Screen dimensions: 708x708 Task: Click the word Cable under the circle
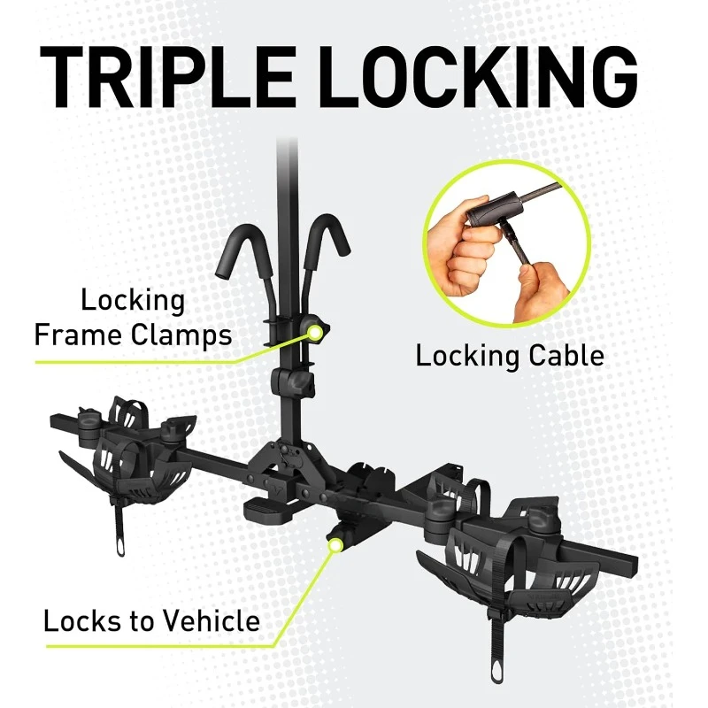(x=561, y=356)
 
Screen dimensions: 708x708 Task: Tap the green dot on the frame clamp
(x=314, y=332)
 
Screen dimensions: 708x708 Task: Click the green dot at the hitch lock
(x=335, y=545)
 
